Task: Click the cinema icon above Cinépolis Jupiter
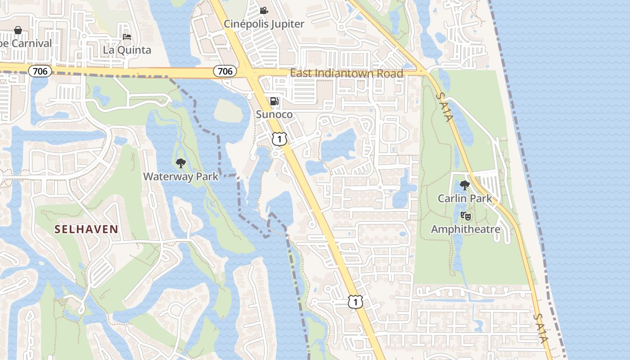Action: [264, 10]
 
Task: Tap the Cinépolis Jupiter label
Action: [264, 24]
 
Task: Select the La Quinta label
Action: [127, 50]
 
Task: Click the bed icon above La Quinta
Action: [127, 36]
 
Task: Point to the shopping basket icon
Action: [18, 30]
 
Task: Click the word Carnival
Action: [31, 44]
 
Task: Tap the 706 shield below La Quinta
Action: [40, 71]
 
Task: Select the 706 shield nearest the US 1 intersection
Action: [225, 71]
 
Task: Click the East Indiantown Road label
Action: [346, 73]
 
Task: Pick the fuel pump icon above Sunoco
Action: [274, 101]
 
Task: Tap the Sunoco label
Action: [274, 114]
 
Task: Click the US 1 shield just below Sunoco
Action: [279, 139]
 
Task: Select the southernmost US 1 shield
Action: [355, 301]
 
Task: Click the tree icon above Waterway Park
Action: [181, 163]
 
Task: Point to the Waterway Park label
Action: [181, 176]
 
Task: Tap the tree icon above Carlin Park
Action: [465, 185]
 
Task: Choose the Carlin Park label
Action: [465, 198]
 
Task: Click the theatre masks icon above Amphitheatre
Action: [466, 216]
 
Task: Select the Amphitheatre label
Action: [466, 229]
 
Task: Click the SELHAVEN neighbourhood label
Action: [86, 229]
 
